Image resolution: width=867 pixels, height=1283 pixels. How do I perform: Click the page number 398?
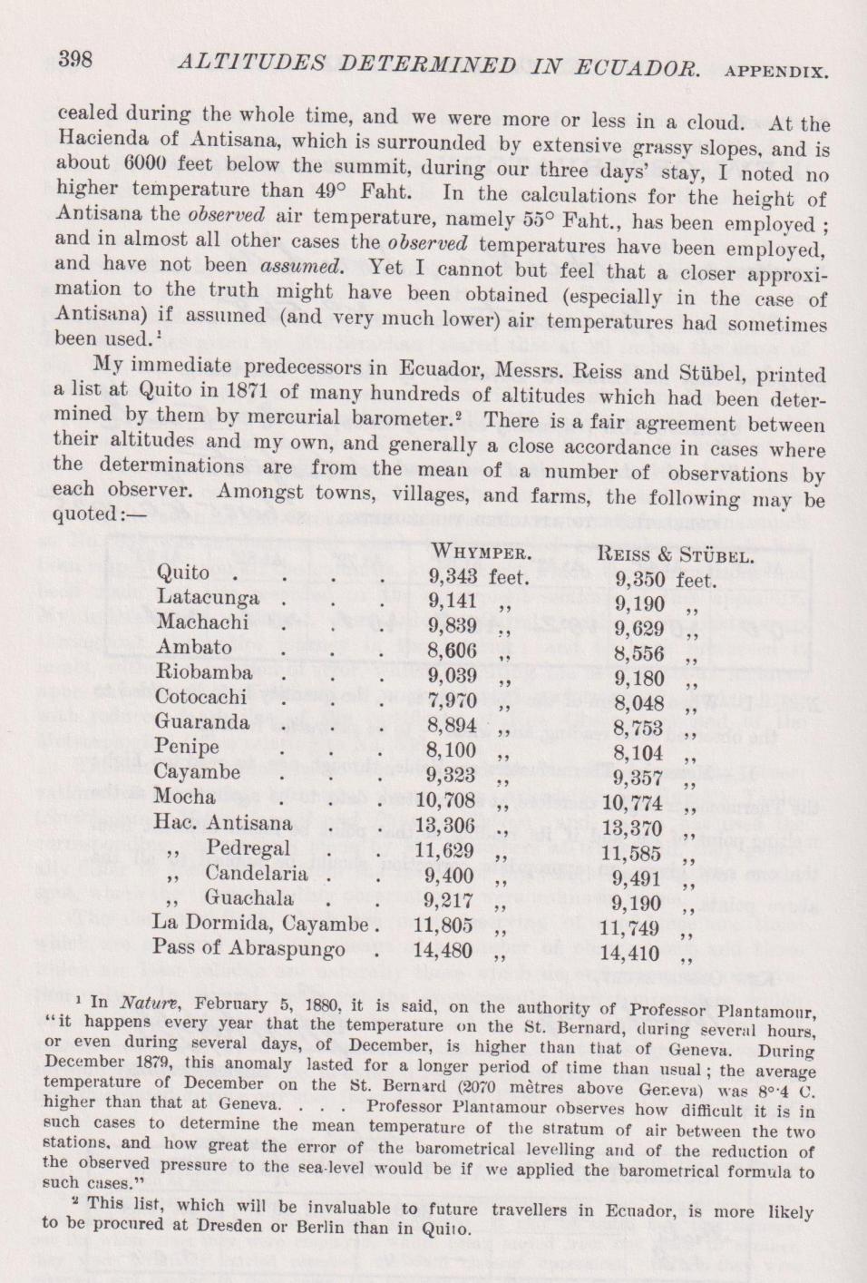[75, 60]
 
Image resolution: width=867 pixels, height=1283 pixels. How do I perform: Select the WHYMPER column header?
[481, 552]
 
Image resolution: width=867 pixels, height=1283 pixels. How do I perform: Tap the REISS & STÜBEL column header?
[677, 555]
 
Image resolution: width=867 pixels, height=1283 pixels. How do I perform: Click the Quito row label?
[183, 573]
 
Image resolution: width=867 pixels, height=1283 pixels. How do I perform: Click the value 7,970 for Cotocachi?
[451, 700]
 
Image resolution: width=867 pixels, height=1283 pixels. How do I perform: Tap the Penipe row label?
[187, 748]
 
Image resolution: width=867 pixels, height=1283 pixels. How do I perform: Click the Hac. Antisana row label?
[223, 823]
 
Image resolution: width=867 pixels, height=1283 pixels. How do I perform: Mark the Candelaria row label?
[256, 874]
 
